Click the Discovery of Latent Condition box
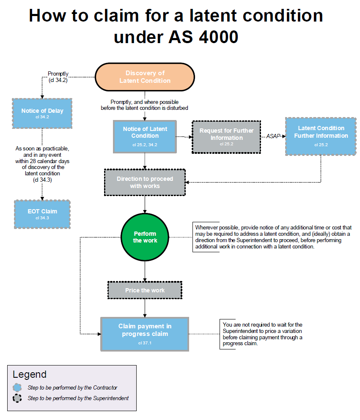click(145, 77)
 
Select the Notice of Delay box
click(42, 113)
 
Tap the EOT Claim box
click(42, 214)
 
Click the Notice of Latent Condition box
click(145, 136)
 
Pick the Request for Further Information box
click(226, 136)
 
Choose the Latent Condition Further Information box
click(321, 136)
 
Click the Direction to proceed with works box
click(145, 182)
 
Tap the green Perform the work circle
click(145, 237)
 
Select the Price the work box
click(145, 290)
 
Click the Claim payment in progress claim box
click(145, 333)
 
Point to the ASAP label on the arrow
click(273, 136)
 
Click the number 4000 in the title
click(215, 37)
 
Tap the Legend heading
click(30, 374)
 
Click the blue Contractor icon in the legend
click(17, 387)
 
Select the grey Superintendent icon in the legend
click(17, 398)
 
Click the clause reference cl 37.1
click(145, 343)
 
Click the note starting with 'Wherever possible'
click(273, 237)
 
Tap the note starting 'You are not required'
click(262, 334)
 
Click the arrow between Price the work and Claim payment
click(145, 308)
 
